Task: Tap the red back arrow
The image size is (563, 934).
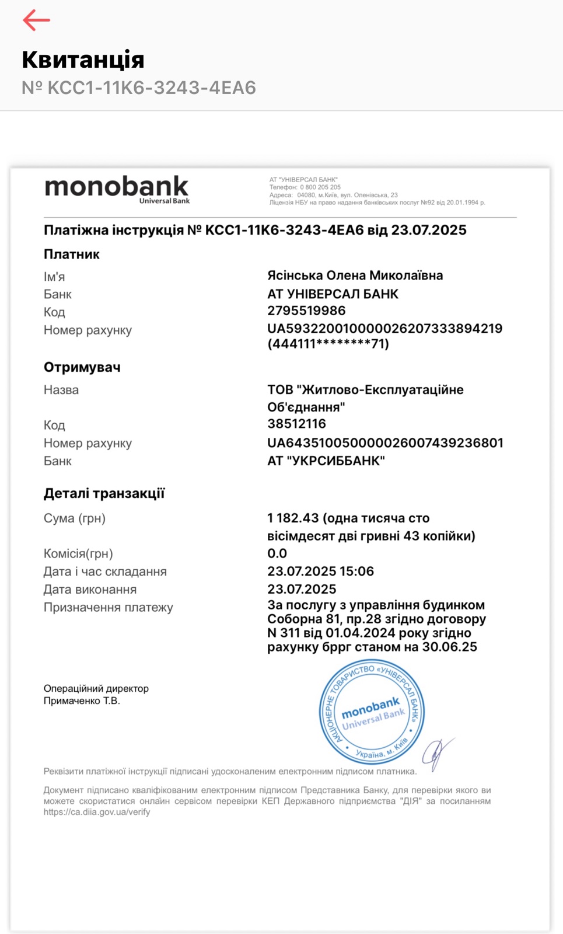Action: tap(36, 20)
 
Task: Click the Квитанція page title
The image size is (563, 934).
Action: tap(83, 60)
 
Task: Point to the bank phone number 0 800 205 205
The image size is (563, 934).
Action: tap(320, 187)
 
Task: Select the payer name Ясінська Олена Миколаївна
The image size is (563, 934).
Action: tap(355, 276)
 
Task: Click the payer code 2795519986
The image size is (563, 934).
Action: tap(306, 311)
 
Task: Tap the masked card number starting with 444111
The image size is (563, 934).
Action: tap(328, 344)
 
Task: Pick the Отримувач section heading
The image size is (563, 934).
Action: tap(82, 367)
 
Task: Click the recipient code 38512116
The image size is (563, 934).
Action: tap(296, 424)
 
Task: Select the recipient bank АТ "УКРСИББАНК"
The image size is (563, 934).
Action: tap(326, 461)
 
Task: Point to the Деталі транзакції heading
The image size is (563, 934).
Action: tap(104, 493)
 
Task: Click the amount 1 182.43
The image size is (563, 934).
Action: tap(293, 518)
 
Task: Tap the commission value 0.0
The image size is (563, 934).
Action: tap(277, 553)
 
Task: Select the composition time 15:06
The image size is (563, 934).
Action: tap(358, 571)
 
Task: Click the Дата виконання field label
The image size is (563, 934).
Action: tap(90, 590)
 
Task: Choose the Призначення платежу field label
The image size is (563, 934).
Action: tap(108, 608)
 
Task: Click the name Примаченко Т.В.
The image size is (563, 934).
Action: tap(82, 701)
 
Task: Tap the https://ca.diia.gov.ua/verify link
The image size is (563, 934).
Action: tap(96, 812)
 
